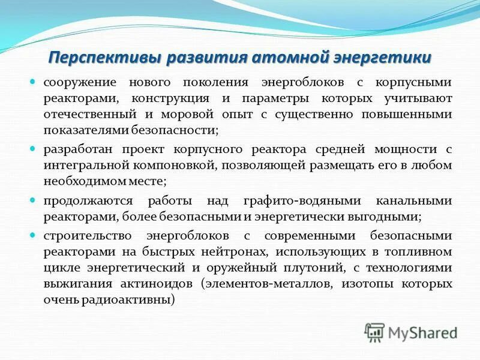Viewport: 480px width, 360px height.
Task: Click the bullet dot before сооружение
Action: (34, 81)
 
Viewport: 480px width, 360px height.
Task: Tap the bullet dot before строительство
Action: (34, 235)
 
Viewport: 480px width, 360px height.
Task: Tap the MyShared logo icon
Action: (375, 332)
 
